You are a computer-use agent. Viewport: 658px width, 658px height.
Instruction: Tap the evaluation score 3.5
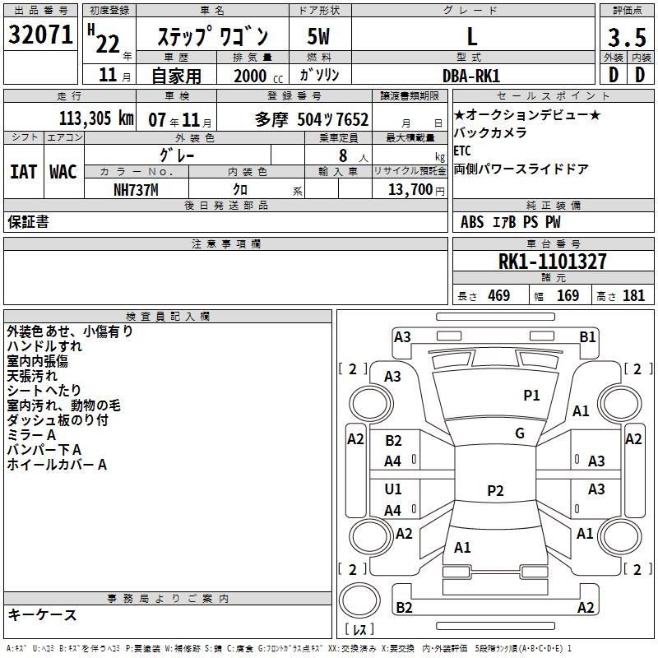click(625, 37)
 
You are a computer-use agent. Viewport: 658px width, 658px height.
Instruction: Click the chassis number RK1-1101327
click(553, 262)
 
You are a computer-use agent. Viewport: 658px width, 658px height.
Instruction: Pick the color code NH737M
click(136, 189)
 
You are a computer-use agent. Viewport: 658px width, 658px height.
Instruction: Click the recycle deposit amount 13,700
click(408, 189)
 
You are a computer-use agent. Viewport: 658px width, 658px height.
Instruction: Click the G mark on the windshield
click(519, 433)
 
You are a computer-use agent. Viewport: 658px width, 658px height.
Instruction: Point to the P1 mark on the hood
click(531, 396)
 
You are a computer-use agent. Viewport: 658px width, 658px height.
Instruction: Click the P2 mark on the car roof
click(494, 491)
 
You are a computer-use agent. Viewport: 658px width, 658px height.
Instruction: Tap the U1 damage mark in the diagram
click(393, 489)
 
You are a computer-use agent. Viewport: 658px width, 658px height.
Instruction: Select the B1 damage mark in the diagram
click(587, 336)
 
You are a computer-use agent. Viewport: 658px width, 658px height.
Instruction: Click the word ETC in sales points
click(462, 151)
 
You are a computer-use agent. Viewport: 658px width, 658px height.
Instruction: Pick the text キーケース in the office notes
click(42, 614)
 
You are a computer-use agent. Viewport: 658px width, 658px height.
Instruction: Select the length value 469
click(498, 296)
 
